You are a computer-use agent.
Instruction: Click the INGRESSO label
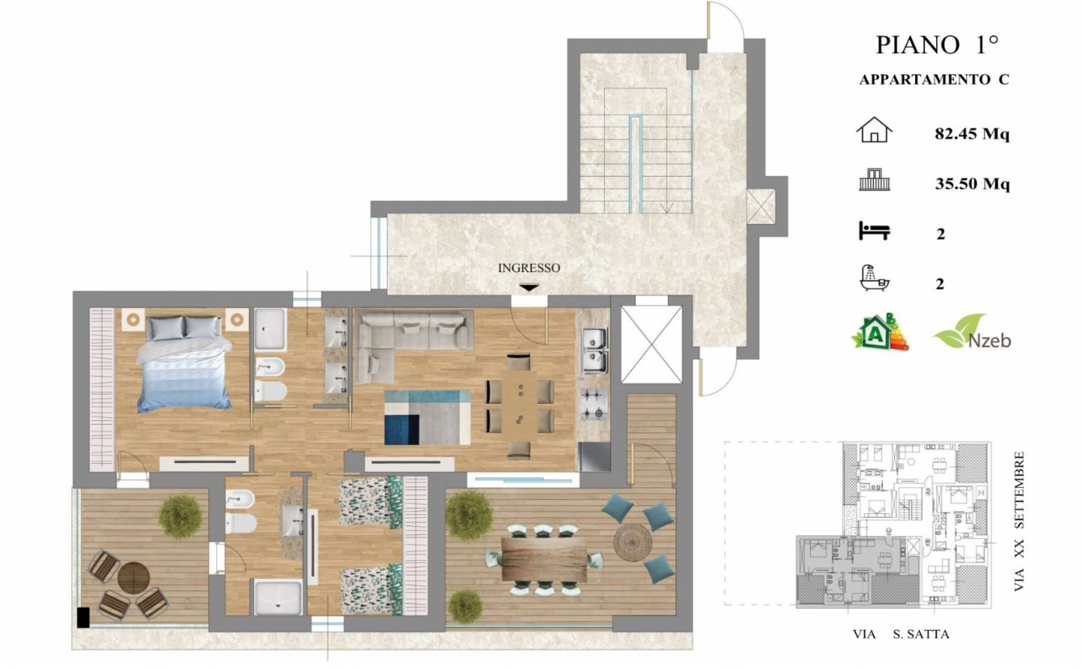529,268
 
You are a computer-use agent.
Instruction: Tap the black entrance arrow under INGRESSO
529,288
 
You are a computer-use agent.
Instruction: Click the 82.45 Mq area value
972,133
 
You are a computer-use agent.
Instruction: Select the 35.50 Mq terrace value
972,183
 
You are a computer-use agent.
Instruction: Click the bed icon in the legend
875,231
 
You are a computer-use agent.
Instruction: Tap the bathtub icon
875,278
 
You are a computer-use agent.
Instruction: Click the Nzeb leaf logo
972,331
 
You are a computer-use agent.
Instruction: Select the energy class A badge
879,331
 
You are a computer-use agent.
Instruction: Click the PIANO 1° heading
936,45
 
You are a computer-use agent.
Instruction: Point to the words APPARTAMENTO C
934,80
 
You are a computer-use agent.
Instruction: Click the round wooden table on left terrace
134,577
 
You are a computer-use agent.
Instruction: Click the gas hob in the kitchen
594,404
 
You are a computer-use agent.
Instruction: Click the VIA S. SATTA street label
902,634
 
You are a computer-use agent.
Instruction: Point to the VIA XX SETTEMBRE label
1019,521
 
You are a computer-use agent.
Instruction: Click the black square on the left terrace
83,617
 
